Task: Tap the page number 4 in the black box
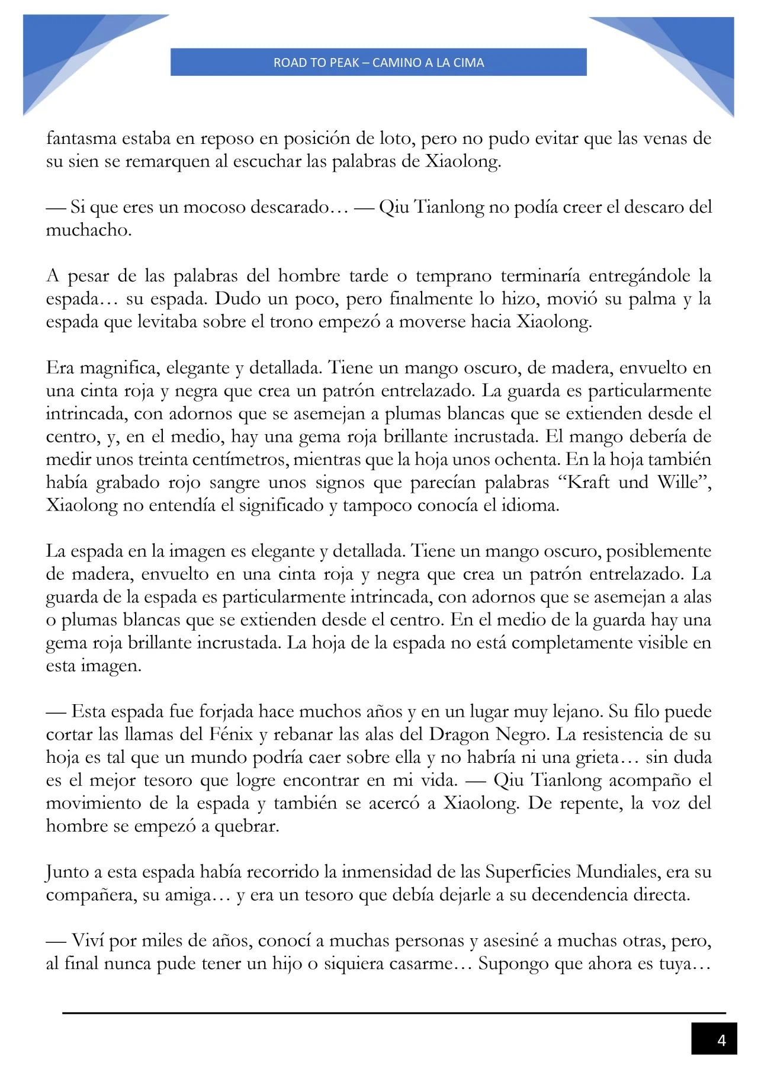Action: [721, 1040]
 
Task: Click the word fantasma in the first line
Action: [81, 138]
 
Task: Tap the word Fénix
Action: [232, 734]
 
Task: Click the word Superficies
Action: [528, 872]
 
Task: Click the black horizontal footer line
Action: [394, 1013]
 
